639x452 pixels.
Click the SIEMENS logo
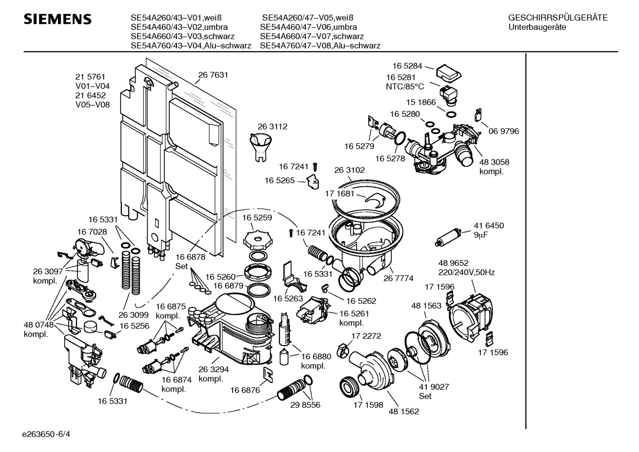click(58, 19)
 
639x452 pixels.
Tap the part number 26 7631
click(213, 75)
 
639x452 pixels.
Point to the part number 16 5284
click(406, 66)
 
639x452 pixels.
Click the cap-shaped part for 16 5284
click(448, 73)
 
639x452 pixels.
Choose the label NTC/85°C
click(405, 87)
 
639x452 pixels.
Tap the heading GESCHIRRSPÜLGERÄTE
click(558, 18)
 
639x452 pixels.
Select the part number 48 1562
click(404, 411)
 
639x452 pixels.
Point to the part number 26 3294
click(214, 369)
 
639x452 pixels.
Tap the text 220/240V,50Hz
click(467, 272)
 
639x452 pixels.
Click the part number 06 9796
click(504, 131)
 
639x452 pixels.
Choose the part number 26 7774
click(398, 278)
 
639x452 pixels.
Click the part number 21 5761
click(90, 77)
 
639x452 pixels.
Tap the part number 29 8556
click(305, 405)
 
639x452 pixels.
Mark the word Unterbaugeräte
click(537, 27)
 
